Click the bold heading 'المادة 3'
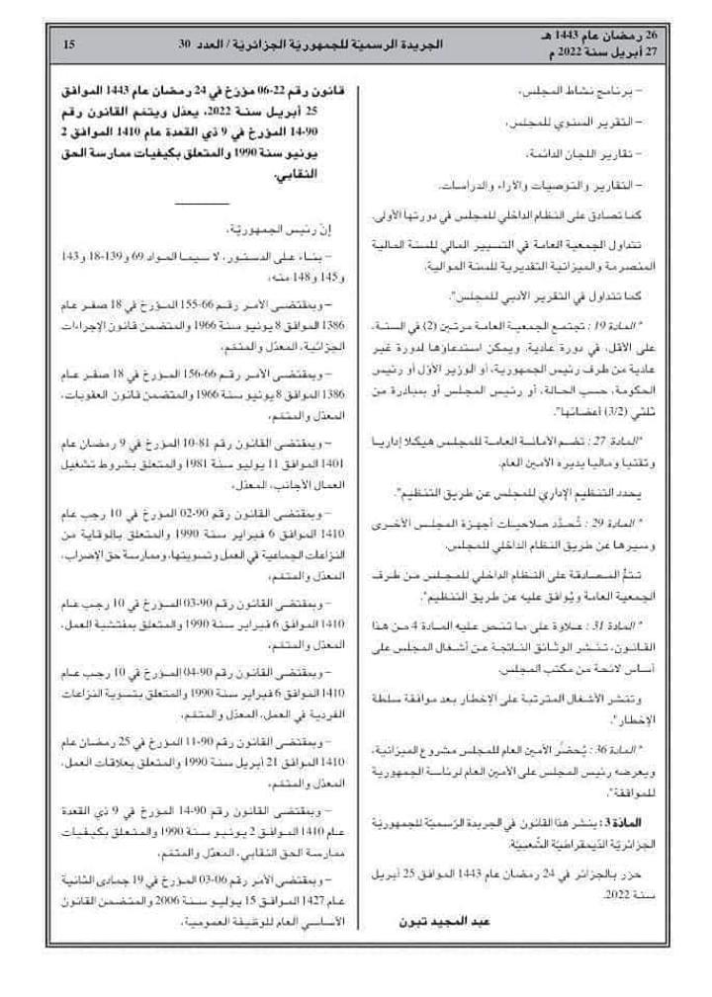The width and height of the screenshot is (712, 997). pyautogui.click(x=625, y=822)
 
